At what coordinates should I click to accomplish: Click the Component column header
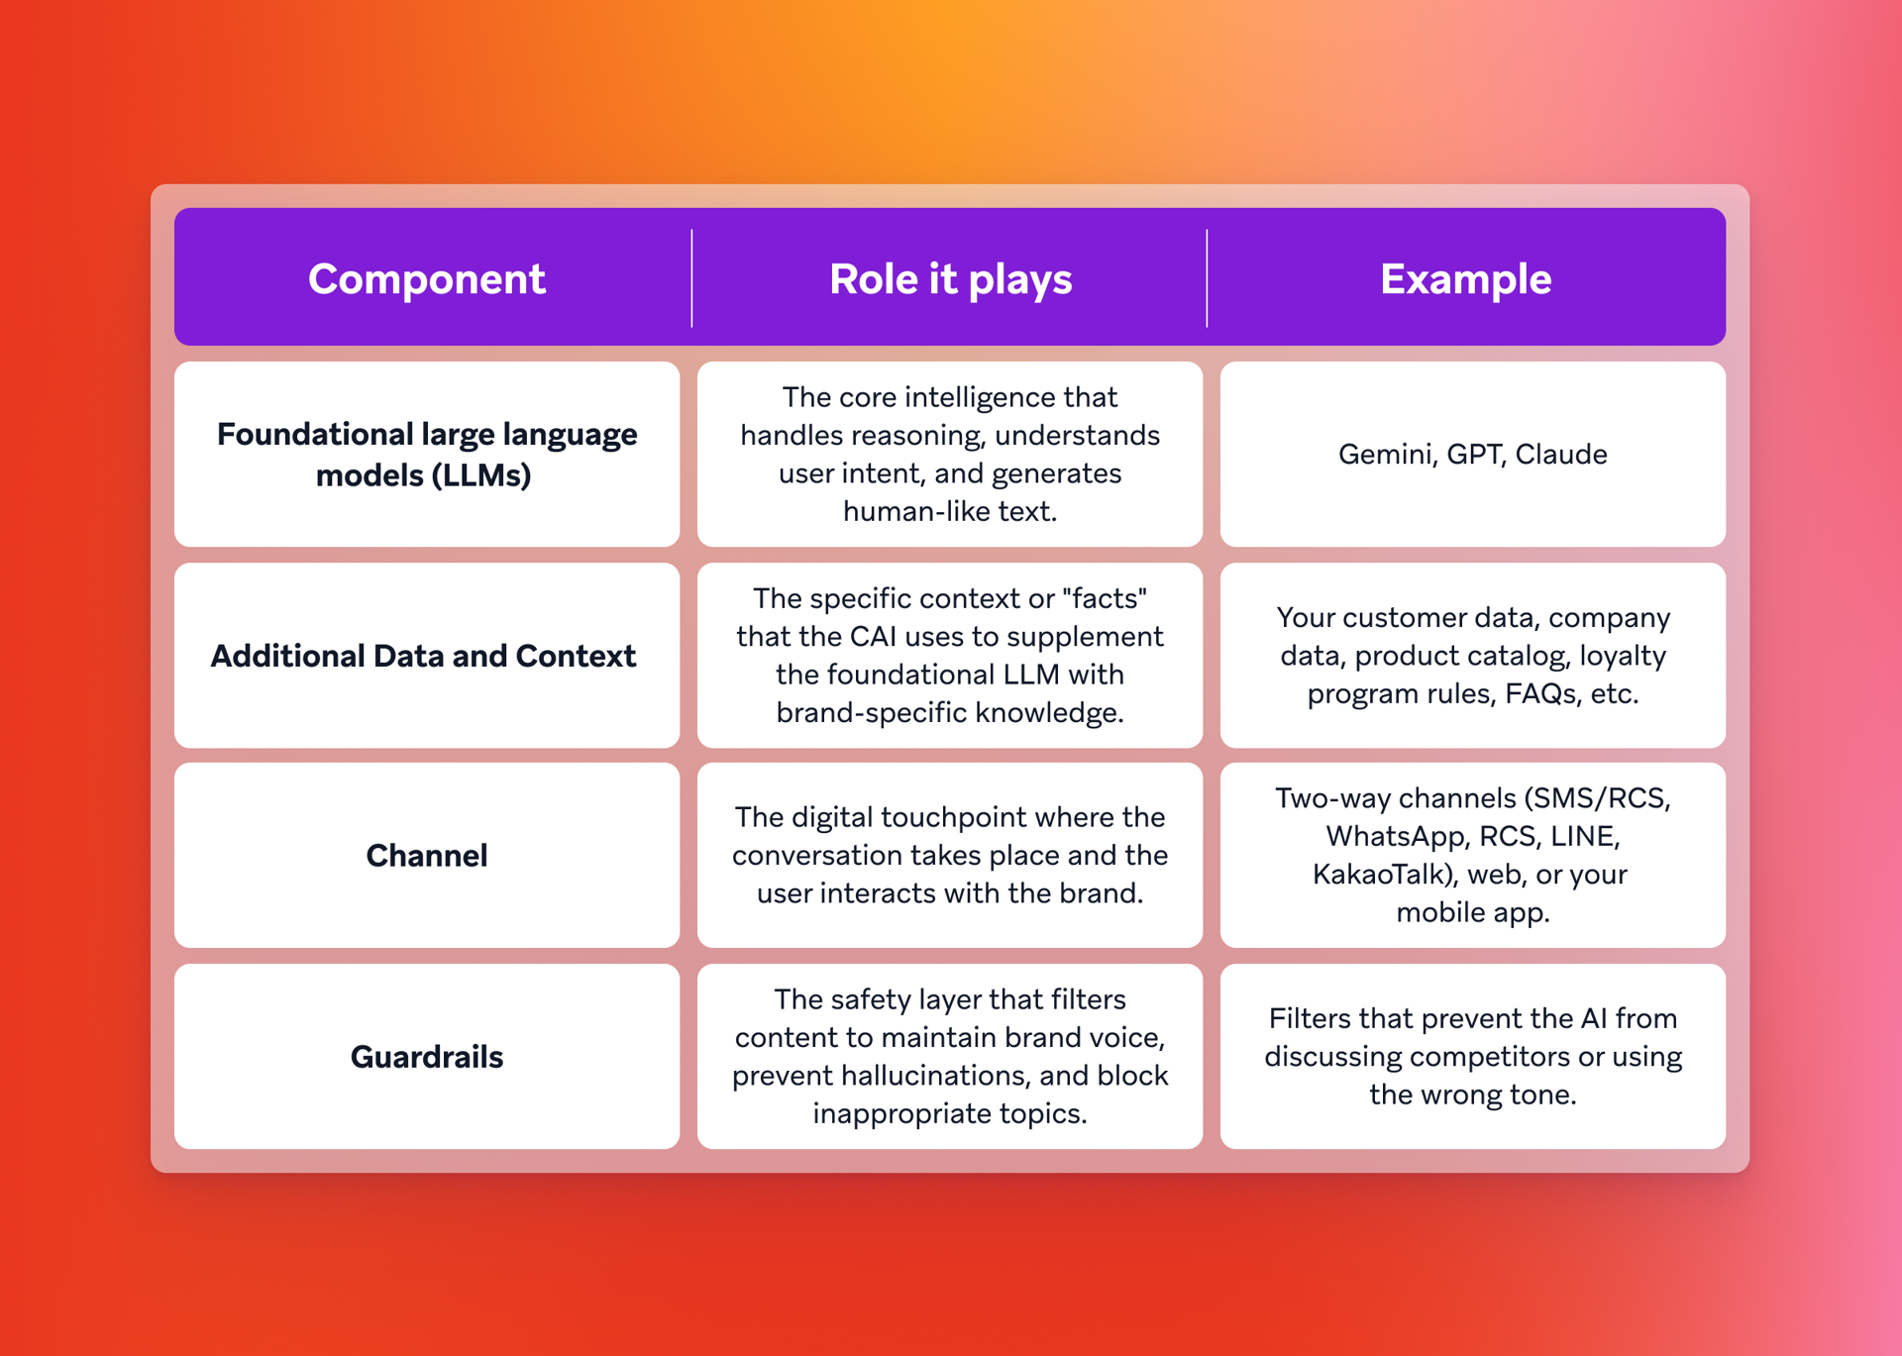point(426,279)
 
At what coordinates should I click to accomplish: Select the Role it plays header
point(950,279)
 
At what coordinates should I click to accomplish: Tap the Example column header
point(1465,279)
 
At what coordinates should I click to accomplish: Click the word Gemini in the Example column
point(1386,455)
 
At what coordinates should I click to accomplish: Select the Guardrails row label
point(426,1057)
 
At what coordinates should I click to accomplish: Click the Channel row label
point(426,856)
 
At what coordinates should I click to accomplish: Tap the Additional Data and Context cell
point(423,656)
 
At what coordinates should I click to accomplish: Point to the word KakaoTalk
point(1378,875)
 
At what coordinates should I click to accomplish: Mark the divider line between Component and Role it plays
point(691,277)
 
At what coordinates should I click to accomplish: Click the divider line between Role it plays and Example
point(1207,277)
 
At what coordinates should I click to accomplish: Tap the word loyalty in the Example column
point(1622,656)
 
